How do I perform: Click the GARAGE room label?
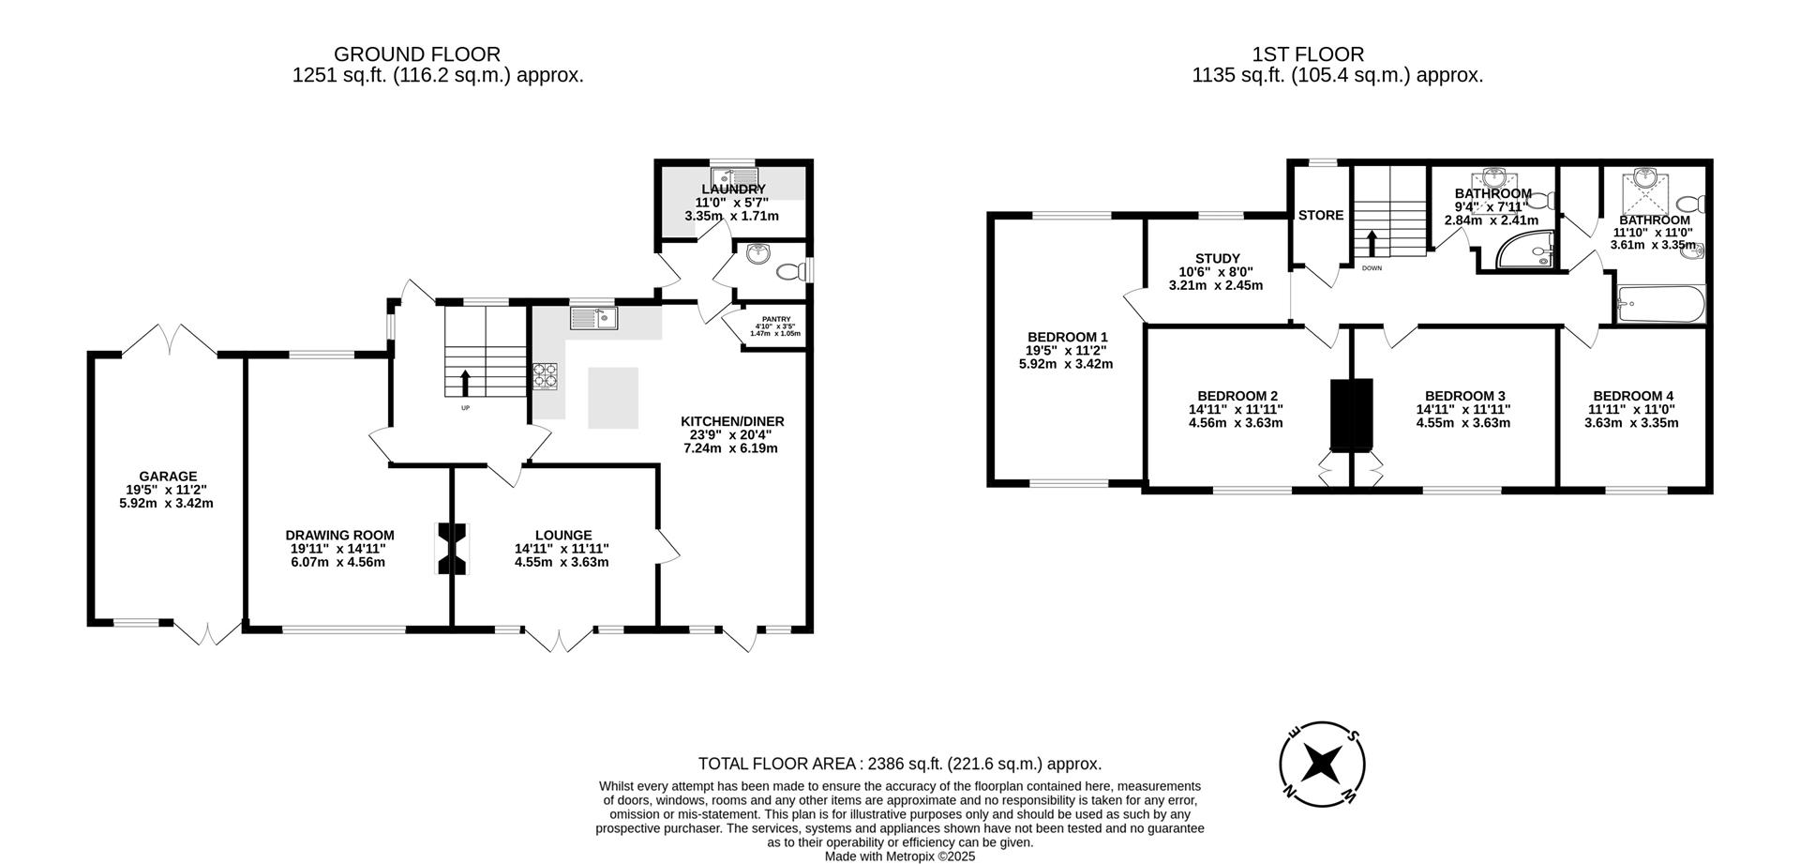coord(169,477)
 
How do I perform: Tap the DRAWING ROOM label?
coord(339,536)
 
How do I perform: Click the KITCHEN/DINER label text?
coord(732,421)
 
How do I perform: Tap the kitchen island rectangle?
coord(613,398)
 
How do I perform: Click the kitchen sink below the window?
coord(593,319)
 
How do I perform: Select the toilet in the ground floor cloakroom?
coord(791,272)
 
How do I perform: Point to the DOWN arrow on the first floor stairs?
coord(1372,244)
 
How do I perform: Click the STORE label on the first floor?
coord(1320,215)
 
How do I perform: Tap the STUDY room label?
coord(1217,258)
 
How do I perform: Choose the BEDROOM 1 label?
coord(1067,337)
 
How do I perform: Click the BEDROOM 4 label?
coord(1632,396)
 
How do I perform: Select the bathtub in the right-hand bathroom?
coord(1660,305)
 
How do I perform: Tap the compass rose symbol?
coord(1322,763)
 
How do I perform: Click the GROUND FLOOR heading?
coord(417,54)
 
